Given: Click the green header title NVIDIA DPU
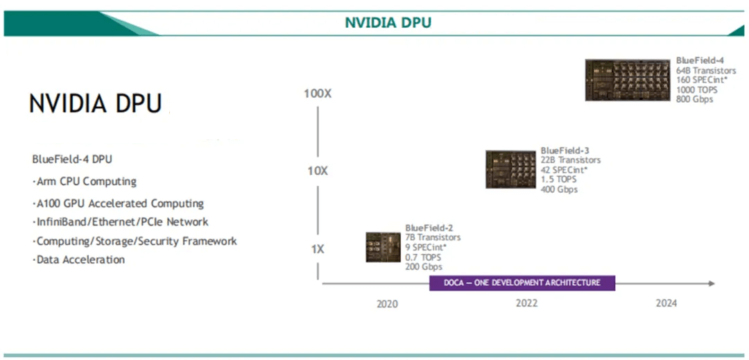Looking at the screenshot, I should pyautogui.click(x=388, y=22).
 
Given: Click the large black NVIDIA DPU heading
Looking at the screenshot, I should pyautogui.click(x=96, y=103).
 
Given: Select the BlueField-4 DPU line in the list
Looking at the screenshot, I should pyautogui.click(x=72, y=159).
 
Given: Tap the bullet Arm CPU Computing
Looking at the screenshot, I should pyautogui.click(x=85, y=182).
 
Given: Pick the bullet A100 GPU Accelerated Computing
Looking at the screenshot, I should pyautogui.click(x=118, y=204).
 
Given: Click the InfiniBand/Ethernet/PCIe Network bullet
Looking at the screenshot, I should pyautogui.click(x=120, y=222).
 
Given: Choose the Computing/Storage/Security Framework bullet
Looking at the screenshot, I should pyautogui.click(x=135, y=241).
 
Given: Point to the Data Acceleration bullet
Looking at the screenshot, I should pyautogui.click(x=78, y=260).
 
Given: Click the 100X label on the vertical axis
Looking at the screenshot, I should pyautogui.click(x=318, y=93).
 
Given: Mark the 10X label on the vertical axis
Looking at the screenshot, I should pyautogui.click(x=318, y=171).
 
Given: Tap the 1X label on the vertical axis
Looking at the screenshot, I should pyautogui.click(x=317, y=248).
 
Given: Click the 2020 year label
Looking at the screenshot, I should pyautogui.click(x=387, y=304).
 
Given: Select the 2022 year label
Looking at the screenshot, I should pyautogui.click(x=526, y=304).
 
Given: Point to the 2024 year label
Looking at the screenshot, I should pyautogui.click(x=666, y=304).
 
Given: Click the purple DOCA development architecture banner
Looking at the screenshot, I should pyautogui.click(x=522, y=283).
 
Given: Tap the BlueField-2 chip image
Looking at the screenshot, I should pyautogui.click(x=383, y=247).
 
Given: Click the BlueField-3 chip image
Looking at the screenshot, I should pyautogui.click(x=510, y=169).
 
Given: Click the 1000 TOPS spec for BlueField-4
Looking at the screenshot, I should pyautogui.click(x=696, y=90).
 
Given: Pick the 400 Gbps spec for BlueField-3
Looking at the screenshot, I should pyautogui.click(x=559, y=189).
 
